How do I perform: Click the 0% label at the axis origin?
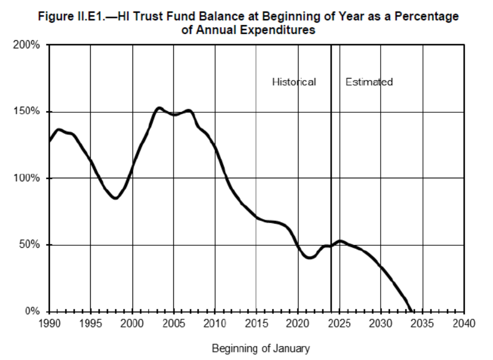[x=33, y=311]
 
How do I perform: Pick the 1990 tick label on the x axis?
[x=49, y=323]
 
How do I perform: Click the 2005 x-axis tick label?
[x=173, y=323]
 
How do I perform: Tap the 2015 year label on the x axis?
[x=256, y=323]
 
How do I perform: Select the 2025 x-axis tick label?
[x=339, y=323]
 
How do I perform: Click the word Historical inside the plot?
[x=294, y=82]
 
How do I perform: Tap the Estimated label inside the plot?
[x=369, y=82]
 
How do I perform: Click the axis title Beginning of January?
[x=260, y=348]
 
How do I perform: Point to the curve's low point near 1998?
[x=116, y=198]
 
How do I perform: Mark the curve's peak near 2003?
[x=159, y=108]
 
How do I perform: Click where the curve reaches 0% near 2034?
[x=411, y=311]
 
